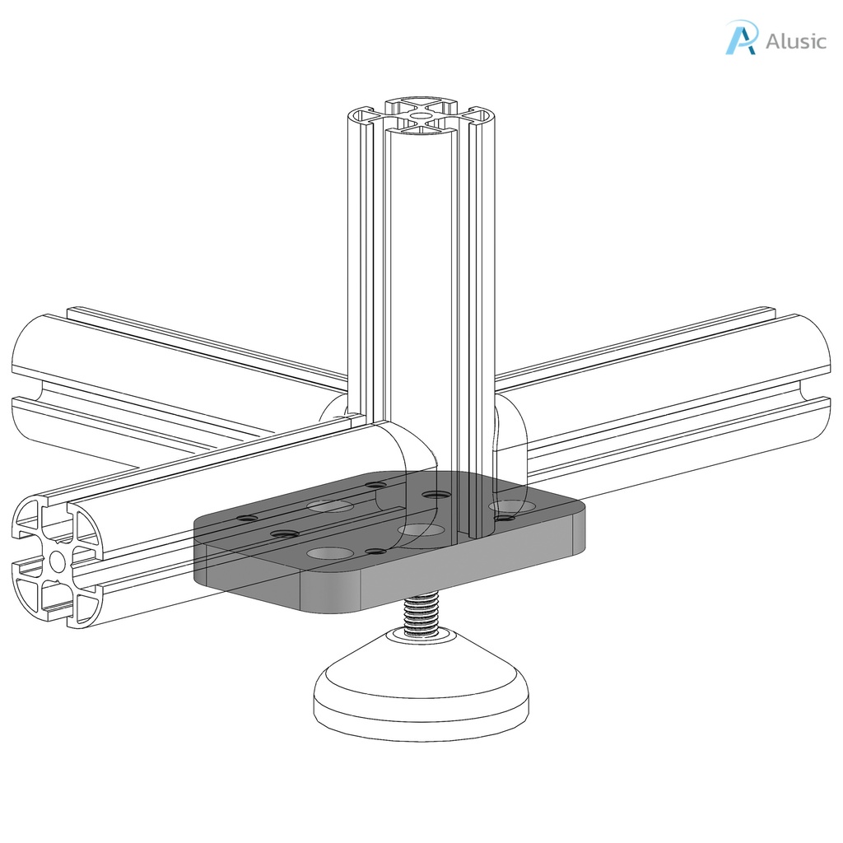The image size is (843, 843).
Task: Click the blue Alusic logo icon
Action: coord(740,38)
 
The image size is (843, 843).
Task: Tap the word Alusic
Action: coord(795,41)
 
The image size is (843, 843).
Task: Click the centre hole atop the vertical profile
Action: coord(421,117)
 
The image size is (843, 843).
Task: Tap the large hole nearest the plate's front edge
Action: coord(328,553)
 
